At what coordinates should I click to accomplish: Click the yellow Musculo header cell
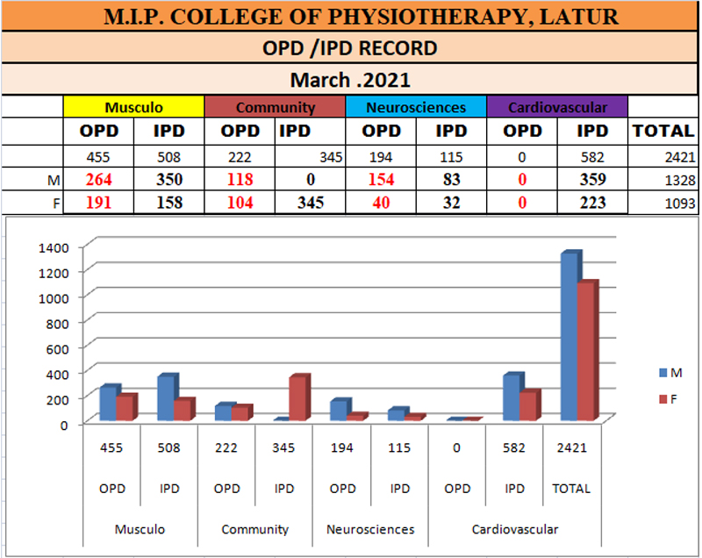133,107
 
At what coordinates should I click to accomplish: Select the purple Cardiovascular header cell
557,107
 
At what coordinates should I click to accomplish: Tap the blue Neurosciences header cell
416,107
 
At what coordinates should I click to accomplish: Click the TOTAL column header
663,131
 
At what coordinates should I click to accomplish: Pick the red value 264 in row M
98,180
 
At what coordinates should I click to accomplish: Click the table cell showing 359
593,180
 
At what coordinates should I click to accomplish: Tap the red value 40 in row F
381,203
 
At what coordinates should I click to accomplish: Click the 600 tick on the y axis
57,348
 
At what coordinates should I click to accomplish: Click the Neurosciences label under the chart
370,529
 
